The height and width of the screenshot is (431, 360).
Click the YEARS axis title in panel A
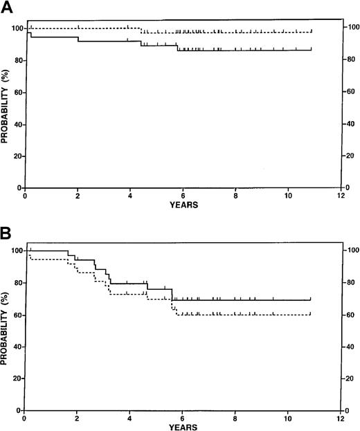click(x=183, y=205)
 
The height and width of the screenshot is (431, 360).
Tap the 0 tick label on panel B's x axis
click(x=24, y=419)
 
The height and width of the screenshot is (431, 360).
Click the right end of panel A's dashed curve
click(x=312, y=32)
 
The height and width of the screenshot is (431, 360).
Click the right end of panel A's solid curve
click(x=312, y=50)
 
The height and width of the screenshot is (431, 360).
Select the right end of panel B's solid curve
click(x=311, y=300)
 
